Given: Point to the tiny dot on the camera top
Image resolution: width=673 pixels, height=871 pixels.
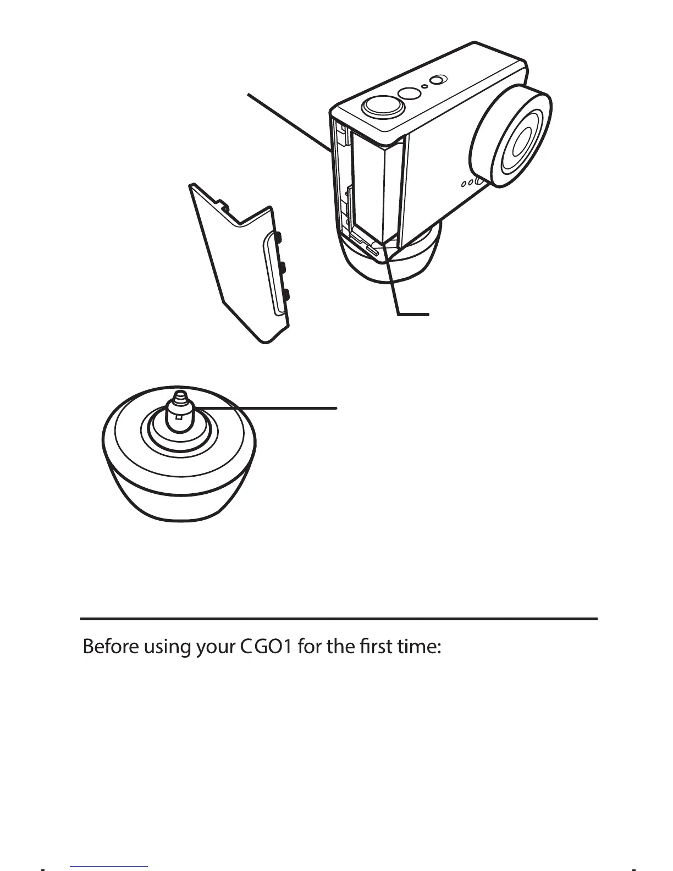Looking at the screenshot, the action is click(x=425, y=87).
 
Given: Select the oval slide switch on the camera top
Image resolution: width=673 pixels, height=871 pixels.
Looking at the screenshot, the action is click(x=437, y=80).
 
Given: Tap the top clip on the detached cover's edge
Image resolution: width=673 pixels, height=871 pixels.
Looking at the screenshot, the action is click(x=278, y=237).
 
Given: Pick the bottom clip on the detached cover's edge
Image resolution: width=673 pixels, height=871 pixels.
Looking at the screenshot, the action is click(x=287, y=297).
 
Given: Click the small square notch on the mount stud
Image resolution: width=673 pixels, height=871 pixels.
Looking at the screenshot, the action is click(x=179, y=420).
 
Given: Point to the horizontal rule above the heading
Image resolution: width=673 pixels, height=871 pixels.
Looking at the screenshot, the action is click(x=339, y=619).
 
